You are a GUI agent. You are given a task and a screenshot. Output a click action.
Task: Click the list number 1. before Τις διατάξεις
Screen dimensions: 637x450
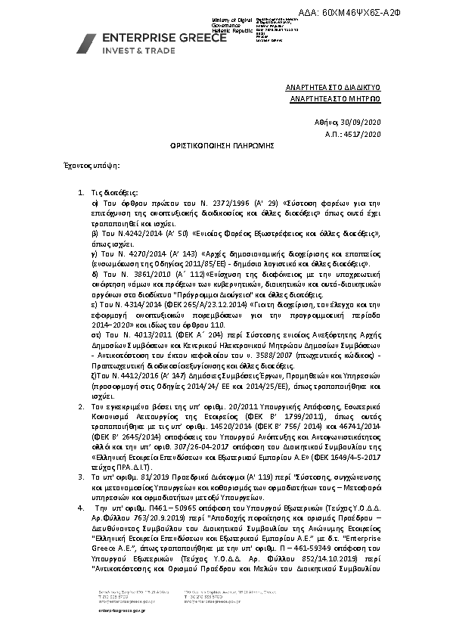coord(82,194)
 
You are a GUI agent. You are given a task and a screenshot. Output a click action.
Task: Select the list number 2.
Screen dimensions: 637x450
coord(82,406)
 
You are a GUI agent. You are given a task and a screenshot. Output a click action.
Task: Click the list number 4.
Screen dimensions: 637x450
coord(82,508)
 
